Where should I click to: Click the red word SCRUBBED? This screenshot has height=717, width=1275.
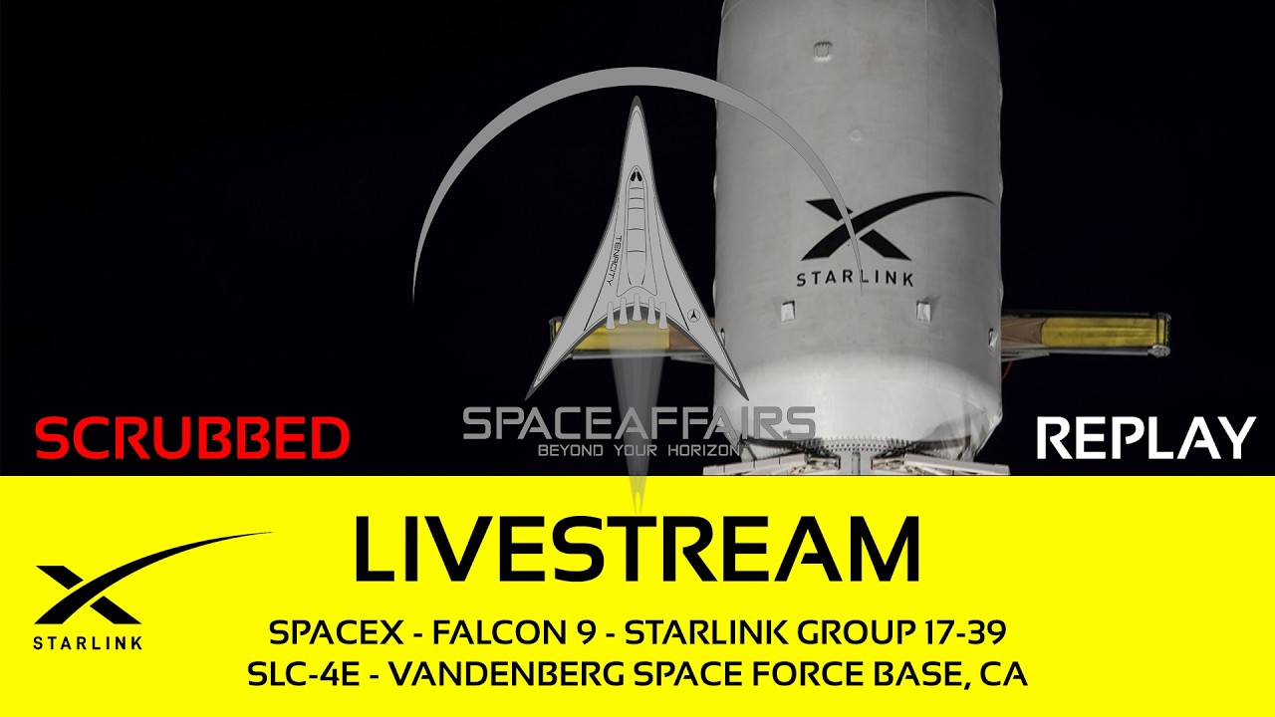pos(192,437)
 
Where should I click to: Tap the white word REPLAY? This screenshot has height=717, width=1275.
pos(1147,437)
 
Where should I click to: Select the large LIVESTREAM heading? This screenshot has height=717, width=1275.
pos(637,548)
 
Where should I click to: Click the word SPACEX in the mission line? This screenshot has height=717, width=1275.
pos(336,632)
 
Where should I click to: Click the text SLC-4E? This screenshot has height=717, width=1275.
pos(304,675)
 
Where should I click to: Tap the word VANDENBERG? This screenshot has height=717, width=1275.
pos(507,675)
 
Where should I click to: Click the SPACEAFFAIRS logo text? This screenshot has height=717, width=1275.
pos(638,423)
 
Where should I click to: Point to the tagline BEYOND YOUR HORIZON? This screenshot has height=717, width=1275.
pos(638,451)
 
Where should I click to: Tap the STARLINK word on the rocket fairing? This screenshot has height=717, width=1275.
pos(855,279)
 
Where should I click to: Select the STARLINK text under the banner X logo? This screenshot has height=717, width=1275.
pos(88,643)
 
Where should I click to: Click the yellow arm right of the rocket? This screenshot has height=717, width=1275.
pos(1086,332)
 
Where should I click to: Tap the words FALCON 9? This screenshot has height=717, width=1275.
pos(514,632)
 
